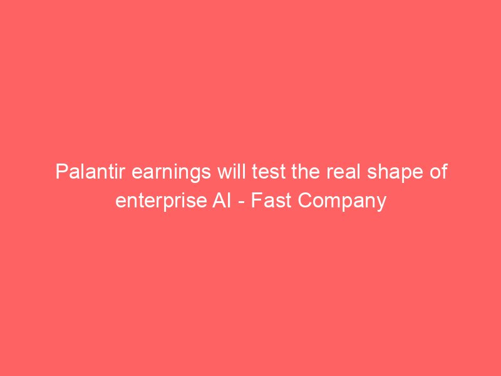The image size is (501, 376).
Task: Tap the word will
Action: pyautogui.click(x=232, y=172)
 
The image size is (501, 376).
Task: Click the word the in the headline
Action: pyautogui.click(x=306, y=172)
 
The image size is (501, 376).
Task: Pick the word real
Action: pyautogui.click(x=343, y=172)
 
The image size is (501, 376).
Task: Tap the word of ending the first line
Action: pyautogui.click(x=438, y=172)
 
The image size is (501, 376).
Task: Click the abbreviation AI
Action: pyautogui.click(x=222, y=201)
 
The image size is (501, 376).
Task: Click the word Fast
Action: pyautogui.click(x=271, y=201)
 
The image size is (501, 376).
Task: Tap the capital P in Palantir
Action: pyautogui.click(x=61, y=172)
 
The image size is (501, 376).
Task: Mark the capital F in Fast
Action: pyautogui.click(x=256, y=201)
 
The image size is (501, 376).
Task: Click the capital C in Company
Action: pyautogui.click(x=305, y=201)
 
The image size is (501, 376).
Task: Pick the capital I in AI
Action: pyautogui.click(x=229, y=201)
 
